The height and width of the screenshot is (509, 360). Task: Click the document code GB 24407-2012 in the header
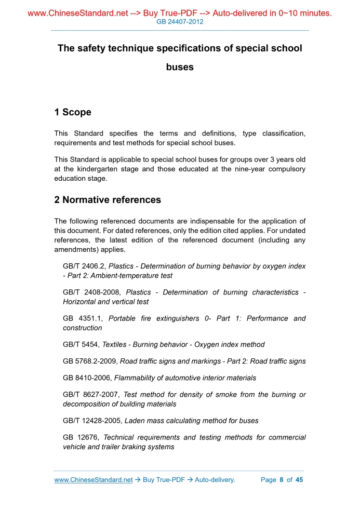point(180,22)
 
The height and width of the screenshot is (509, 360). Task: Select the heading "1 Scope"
point(73,112)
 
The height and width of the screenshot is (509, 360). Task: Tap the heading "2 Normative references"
point(108,199)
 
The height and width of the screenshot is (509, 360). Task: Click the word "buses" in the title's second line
point(180,67)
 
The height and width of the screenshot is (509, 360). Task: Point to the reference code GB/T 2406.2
point(84,266)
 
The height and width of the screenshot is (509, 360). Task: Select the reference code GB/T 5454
point(81,344)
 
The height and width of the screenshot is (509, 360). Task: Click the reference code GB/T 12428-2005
point(92,421)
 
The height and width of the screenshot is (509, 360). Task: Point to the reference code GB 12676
point(81,437)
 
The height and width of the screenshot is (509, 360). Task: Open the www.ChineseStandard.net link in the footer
point(94,480)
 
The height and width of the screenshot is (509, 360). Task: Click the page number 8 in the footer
point(282,480)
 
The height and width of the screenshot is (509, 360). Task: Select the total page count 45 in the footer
point(299,480)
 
